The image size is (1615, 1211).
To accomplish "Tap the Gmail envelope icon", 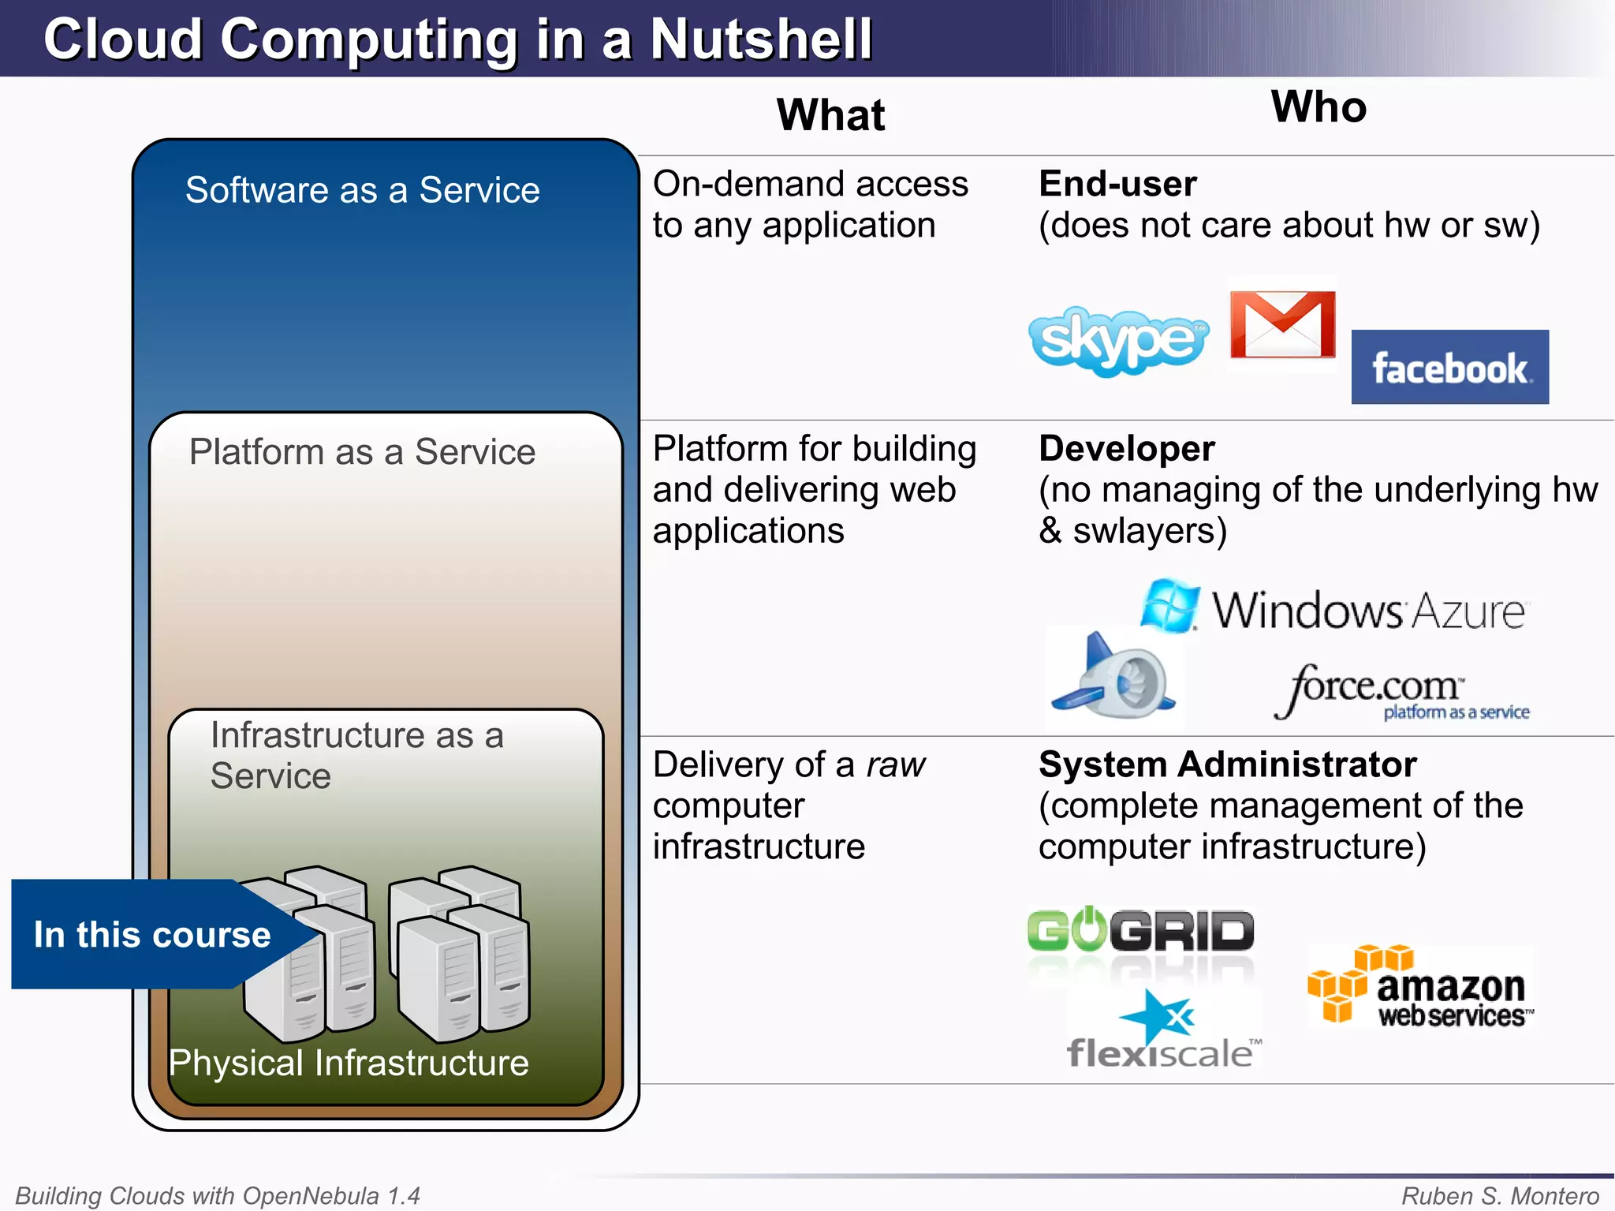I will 1283,324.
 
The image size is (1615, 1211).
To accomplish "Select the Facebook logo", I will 1449,368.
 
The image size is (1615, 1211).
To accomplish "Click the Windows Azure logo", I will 1333,608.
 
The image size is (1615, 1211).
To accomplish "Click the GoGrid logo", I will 1140,931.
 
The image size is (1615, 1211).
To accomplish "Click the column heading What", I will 830,115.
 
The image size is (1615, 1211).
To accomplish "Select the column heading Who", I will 1318,107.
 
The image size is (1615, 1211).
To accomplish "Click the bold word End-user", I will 1117,184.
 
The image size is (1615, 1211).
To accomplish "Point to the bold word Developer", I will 1127,449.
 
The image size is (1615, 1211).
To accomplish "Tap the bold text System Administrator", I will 1227,764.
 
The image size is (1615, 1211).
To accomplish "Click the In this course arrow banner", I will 153,935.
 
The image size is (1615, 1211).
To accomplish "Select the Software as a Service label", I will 363,190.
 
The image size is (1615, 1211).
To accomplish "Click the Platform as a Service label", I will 363,452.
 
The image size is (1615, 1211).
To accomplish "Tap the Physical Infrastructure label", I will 349,1063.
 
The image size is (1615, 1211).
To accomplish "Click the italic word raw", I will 896,765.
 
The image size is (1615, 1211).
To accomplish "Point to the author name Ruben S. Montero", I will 1500,1196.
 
